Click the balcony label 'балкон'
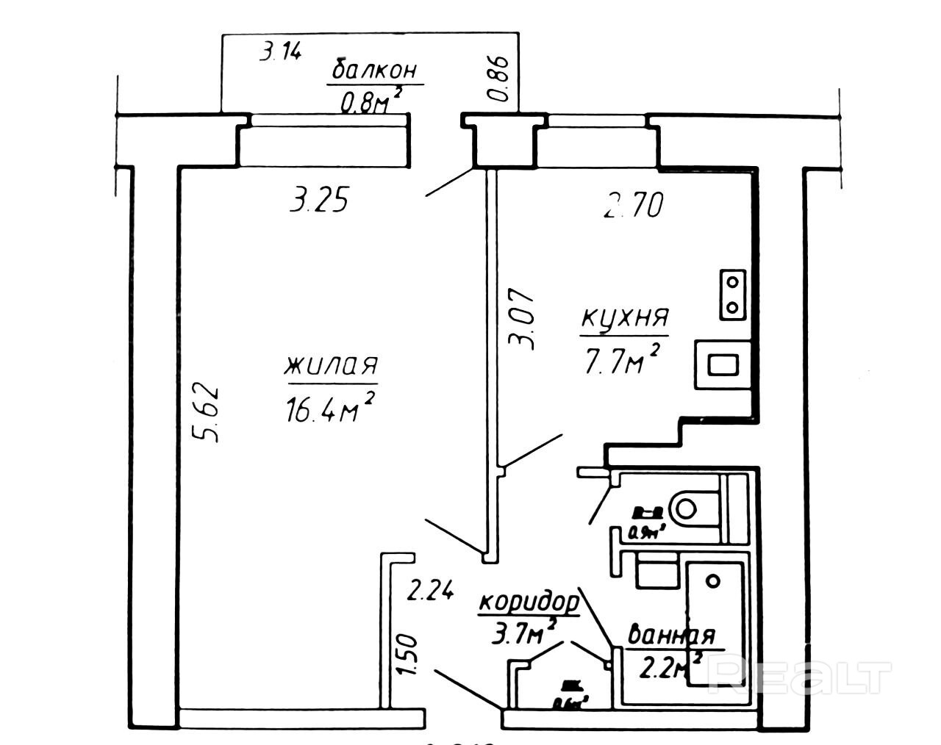click(375, 70)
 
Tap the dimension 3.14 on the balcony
click(281, 53)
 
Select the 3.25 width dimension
click(318, 200)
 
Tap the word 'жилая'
click(332, 365)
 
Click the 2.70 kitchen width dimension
click(633, 205)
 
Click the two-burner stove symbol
click(732, 293)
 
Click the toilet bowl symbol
click(694, 507)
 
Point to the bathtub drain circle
click(712, 580)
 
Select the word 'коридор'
click(528, 602)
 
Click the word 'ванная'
click(670, 635)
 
